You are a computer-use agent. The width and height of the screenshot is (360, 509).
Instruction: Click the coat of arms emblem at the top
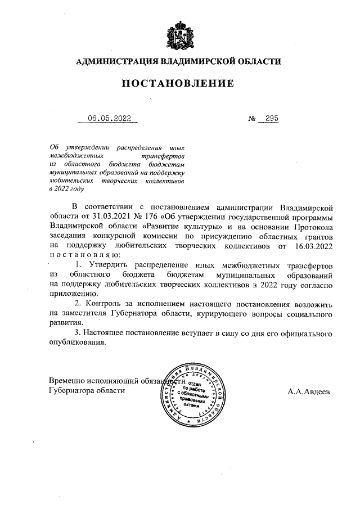(179, 35)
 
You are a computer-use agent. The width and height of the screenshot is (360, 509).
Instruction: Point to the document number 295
(272, 119)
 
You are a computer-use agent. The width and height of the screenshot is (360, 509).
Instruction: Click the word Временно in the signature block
(67, 381)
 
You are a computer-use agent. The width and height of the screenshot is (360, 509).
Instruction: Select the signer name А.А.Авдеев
(309, 390)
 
